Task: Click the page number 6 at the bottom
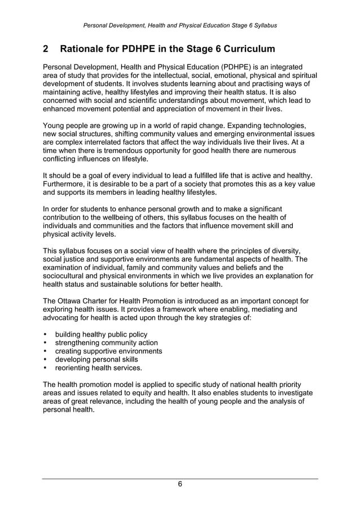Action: (180, 484)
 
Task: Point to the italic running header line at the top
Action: (180, 25)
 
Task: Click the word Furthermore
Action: (67, 184)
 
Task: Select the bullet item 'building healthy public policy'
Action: (100, 334)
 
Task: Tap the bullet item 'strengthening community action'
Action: (106, 343)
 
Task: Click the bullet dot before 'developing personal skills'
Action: (45, 360)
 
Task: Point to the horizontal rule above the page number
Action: (180, 478)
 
